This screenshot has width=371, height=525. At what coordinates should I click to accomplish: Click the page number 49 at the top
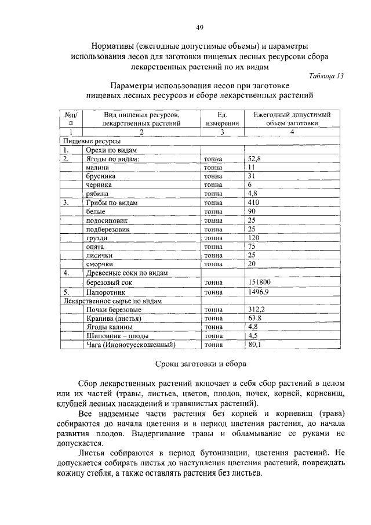click(x=199, y=27)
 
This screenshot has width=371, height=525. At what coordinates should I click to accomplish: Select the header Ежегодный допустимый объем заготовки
click(x=292, y=119)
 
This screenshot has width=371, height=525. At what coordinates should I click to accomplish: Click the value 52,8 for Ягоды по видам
click(x=255, y=158)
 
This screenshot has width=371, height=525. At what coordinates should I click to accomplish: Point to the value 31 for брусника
click(x=252, y=176)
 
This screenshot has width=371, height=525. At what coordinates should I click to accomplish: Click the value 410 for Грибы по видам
click(x=253, y=202)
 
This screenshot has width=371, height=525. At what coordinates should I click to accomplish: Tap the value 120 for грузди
click(x=253, y=238)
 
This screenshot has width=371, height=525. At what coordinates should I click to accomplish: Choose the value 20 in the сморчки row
click(x=252, y=264)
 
